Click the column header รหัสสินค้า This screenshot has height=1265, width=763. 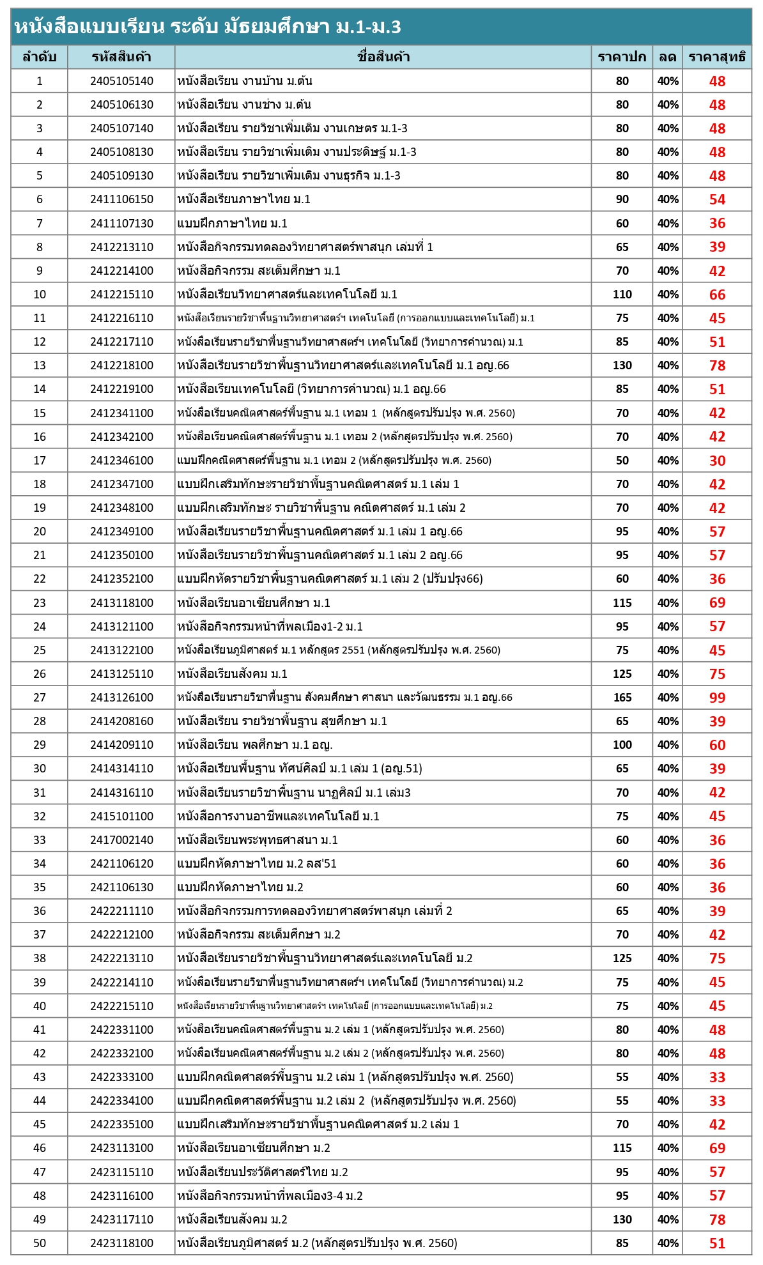click(x=121, y=57)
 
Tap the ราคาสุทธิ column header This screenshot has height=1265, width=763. click(x=716, y=57)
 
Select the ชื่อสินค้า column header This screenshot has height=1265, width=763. click(x=383, y=57)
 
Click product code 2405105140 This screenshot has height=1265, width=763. click(x=121, y=81)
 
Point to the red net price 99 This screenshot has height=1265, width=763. click(x=717, y=698)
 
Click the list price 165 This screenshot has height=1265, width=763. click(x=622, y=698)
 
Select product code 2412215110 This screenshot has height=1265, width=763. click(x=121, y=295)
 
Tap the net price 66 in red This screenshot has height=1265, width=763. click(x=717, y=295)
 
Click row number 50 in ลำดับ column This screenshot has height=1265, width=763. click(x=40, y=1243)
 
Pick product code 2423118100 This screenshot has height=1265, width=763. click(x=121, y=1243)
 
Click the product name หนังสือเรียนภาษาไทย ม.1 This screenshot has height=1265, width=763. click(x=243, y=199)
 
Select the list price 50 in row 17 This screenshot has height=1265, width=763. click(x=622, y=461)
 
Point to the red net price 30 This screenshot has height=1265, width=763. click(x=717, y=461)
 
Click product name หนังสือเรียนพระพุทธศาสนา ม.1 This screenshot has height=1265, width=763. click(x=258, y=839)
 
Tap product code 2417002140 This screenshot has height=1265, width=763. click(x=121, y=839)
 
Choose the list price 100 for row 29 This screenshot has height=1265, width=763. click(x=622, y=745)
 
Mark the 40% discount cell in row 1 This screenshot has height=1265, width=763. click(x=668, y=81)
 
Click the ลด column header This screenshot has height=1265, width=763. click(x=668, y=57)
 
